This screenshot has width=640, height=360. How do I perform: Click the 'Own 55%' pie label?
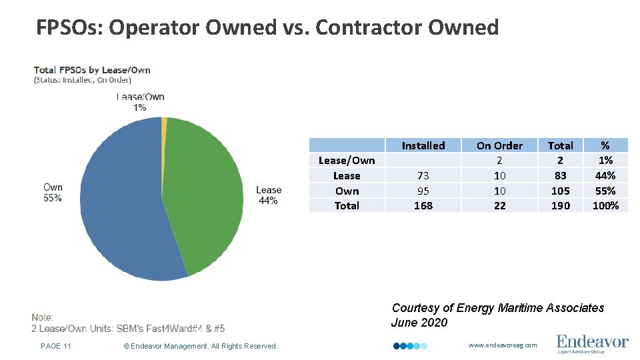tap(53, 193)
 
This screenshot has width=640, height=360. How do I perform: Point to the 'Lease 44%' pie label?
tap(269, 195)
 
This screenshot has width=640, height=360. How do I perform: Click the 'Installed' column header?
tap(423, 145)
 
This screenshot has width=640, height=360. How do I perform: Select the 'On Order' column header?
tap(499, 145)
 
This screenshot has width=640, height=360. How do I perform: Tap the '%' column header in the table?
tap(605, 145)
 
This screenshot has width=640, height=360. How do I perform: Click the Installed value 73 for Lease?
tap(423, 175)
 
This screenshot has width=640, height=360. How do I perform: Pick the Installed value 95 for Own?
tap(423, 191)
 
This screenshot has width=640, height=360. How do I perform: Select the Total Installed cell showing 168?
tap(423, 205)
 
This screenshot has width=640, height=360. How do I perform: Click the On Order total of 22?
tap(499, 205)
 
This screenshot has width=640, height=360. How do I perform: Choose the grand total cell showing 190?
tap(560, 205)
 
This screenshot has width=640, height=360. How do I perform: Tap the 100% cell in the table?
tap(605, 205)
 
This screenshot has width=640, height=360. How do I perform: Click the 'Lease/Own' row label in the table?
tap(347, 160)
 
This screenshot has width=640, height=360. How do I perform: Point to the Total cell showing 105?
tap(560, 191)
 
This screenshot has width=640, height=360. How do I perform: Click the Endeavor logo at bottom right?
tap(592, 343)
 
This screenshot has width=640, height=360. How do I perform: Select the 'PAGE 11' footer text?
tap(56, 345)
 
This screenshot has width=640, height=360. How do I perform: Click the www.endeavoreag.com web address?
tap(503, 345)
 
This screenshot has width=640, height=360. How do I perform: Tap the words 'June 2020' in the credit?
tap(419, 323)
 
